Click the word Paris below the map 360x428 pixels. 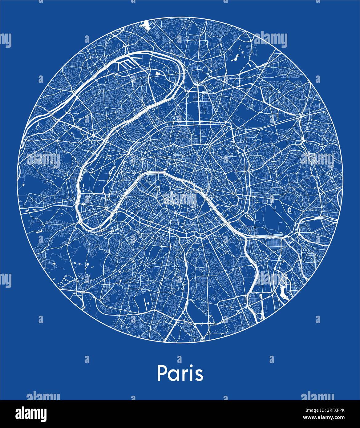pos(180,373)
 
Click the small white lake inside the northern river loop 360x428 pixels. pos(158,74)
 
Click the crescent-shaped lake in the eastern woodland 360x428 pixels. pos(290,211)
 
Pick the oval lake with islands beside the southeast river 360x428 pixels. pos(249,218)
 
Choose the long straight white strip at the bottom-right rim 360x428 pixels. pos(262,311)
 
